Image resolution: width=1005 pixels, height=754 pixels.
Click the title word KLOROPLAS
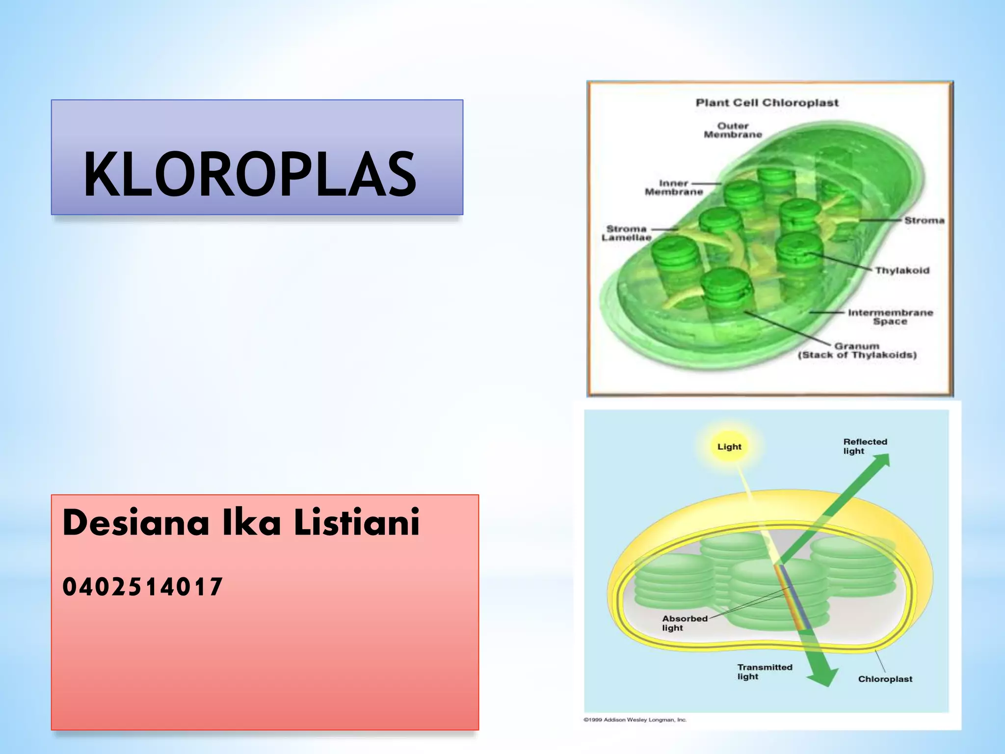[250, 174]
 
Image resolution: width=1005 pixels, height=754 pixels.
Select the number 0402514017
[142, 587]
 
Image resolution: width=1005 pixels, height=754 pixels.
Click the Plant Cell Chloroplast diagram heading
[767, 103]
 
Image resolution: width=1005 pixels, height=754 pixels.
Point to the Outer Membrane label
[733, 130]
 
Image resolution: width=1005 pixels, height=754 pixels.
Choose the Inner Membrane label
[673, 188]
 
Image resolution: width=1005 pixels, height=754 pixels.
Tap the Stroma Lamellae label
[627, 233]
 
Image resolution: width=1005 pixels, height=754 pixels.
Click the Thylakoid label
[902, 270]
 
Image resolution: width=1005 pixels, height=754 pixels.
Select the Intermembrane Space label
[890, 317]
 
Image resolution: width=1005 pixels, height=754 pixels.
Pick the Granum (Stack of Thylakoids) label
[857, 350]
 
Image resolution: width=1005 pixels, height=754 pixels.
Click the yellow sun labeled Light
[729, 447]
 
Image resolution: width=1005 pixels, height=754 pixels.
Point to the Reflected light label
[865, 446]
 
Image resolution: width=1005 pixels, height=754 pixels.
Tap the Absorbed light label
[685, 623]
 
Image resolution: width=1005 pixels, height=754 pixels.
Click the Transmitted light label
[764, 672]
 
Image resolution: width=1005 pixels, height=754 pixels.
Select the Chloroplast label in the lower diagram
[885, 679]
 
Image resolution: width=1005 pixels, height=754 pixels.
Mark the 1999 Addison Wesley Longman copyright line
[635, 720]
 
